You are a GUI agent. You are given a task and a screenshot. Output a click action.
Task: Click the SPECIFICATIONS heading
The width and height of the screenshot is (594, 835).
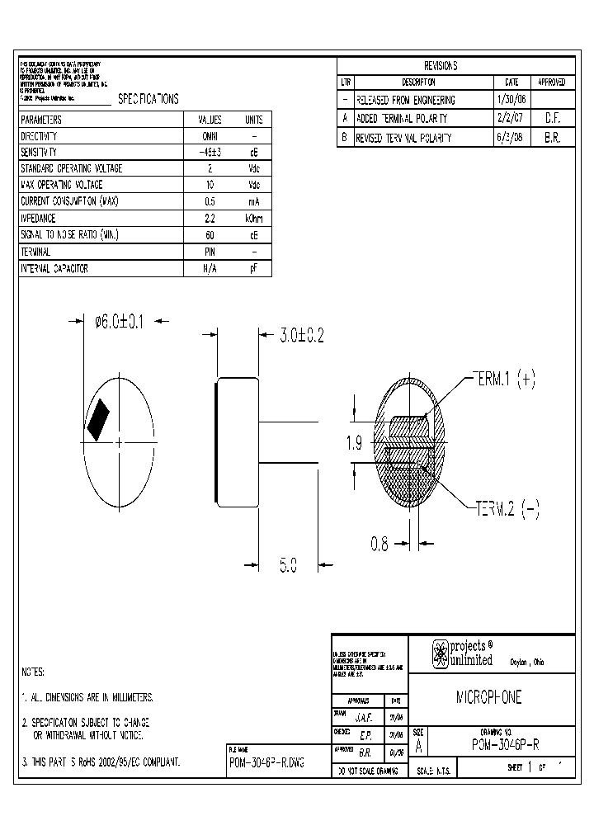point(148,99)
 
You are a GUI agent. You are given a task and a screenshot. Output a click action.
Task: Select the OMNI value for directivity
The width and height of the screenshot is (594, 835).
point(210,136)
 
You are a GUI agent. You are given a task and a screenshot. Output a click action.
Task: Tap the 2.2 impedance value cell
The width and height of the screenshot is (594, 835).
point(210,219)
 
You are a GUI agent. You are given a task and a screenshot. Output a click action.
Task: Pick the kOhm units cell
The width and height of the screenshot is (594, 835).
point(254,219)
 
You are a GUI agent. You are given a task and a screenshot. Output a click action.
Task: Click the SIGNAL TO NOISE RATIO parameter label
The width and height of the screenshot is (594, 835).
point(70,235)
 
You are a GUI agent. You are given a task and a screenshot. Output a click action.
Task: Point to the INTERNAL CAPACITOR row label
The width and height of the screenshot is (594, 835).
point(54,269)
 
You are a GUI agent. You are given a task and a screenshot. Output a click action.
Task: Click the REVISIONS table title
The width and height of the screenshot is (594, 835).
point(441,66)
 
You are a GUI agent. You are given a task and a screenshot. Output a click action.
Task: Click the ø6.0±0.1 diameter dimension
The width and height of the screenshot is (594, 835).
point(120,322)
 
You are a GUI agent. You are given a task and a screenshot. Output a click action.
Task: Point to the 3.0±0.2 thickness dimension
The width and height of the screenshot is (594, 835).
point(301,335)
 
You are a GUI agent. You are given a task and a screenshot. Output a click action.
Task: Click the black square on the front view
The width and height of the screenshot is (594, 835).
point(99,418)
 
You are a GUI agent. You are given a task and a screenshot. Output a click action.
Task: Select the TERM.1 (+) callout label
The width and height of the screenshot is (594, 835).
point(504,379)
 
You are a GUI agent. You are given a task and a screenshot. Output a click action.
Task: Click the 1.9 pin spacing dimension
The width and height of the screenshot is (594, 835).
point(355,443)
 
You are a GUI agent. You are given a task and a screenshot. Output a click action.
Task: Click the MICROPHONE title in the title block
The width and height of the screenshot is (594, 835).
point(489,698)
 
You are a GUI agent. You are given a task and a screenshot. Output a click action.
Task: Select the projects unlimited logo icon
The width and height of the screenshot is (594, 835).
point(441,654)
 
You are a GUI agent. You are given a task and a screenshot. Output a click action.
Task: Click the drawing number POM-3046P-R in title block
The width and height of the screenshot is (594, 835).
point(507,744)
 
